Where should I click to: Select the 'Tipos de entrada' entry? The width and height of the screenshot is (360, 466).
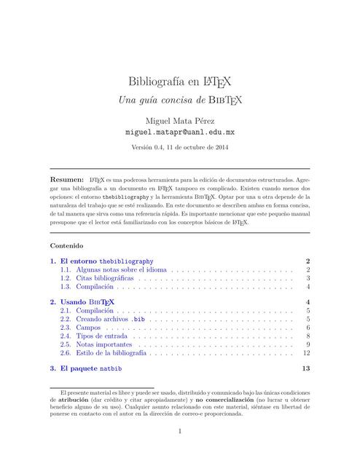pyautogui.click(x=100, y=336)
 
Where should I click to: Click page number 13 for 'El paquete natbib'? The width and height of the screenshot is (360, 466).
pyautogui.click(x=306, y=368)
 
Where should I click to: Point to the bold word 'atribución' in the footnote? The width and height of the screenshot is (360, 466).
pyautogui.click(x=73, y=400)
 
